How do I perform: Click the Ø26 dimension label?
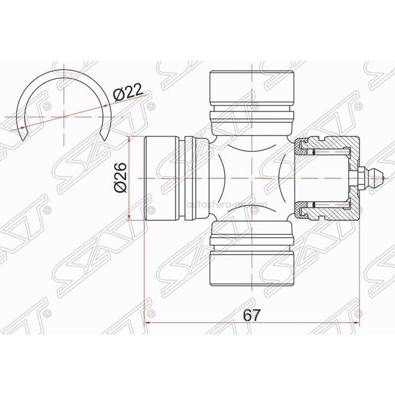(x=120, y=177)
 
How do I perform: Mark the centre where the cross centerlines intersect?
(x=251, y=178)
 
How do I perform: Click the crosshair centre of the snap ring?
(x=64, y=117)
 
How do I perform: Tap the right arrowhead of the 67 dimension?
(x=358, y=323)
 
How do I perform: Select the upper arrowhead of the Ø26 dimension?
(x=129, y=139)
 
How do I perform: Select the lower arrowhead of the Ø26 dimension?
(x=129, y=217)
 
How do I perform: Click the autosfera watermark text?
(x=227, y=204)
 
